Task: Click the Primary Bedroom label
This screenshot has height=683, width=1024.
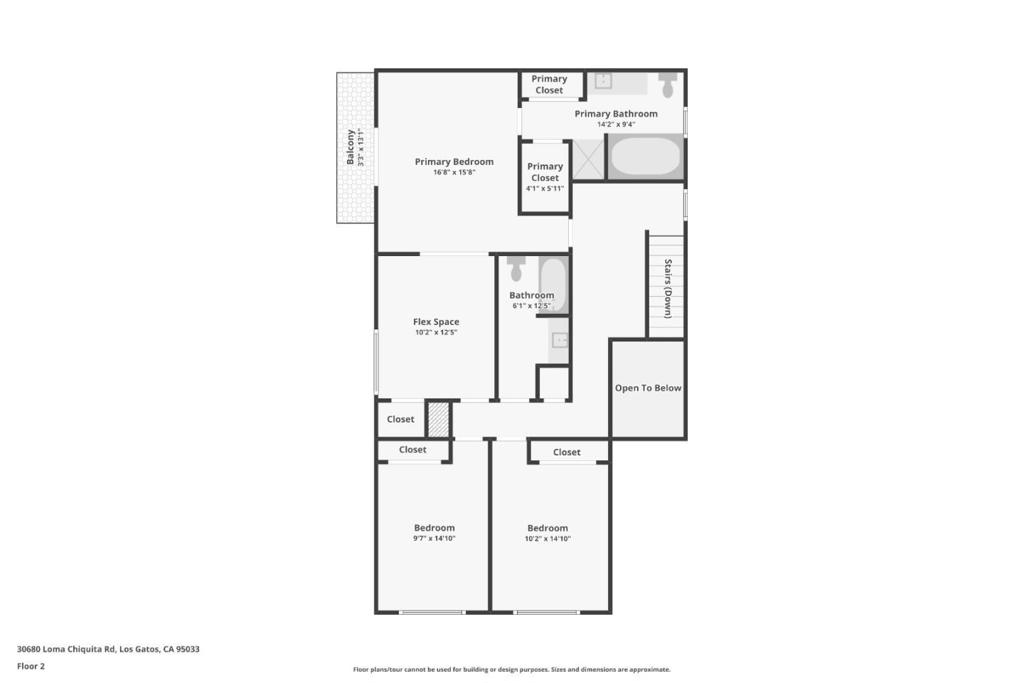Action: click(x=454, y=162)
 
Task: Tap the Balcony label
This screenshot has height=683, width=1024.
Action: click(x=351, y=147)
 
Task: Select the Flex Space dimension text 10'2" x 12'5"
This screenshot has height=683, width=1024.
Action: click(x=436, y=332)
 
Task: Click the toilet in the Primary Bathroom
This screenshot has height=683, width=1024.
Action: click(x=667, y=84)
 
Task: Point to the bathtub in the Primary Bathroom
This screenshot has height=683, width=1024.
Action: click(x=646, y=156)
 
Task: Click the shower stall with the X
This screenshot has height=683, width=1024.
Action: click(x=588, y=159)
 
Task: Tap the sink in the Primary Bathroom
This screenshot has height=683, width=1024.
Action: click(x=603, y=81)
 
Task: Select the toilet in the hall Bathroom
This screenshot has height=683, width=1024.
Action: click(x=517, y=268)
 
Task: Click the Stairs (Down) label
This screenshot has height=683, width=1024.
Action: click(x=667, y=289)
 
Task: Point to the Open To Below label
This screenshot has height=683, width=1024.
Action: click(x=648, y=388)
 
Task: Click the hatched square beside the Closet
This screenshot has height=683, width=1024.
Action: click(x=438, y=420)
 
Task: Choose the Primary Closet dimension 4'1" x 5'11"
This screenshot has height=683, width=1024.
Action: click(x=545, y=189)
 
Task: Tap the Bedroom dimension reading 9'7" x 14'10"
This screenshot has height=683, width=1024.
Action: click(x=434, y=539)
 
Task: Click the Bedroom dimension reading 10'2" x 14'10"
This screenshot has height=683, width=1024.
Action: click(x=548, y=539)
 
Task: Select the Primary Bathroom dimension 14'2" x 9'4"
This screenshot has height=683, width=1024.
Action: click(x=616, y=124)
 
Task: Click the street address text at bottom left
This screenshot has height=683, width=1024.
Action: click(x=108, y=649)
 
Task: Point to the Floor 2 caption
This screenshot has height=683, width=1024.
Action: click(x=31, y=666)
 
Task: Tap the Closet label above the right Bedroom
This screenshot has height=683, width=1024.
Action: click(x=566, y=452)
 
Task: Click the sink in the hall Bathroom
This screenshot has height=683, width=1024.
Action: click(x=560, y=340)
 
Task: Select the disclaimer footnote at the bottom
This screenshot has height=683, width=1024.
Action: click(x=511, y=669)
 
